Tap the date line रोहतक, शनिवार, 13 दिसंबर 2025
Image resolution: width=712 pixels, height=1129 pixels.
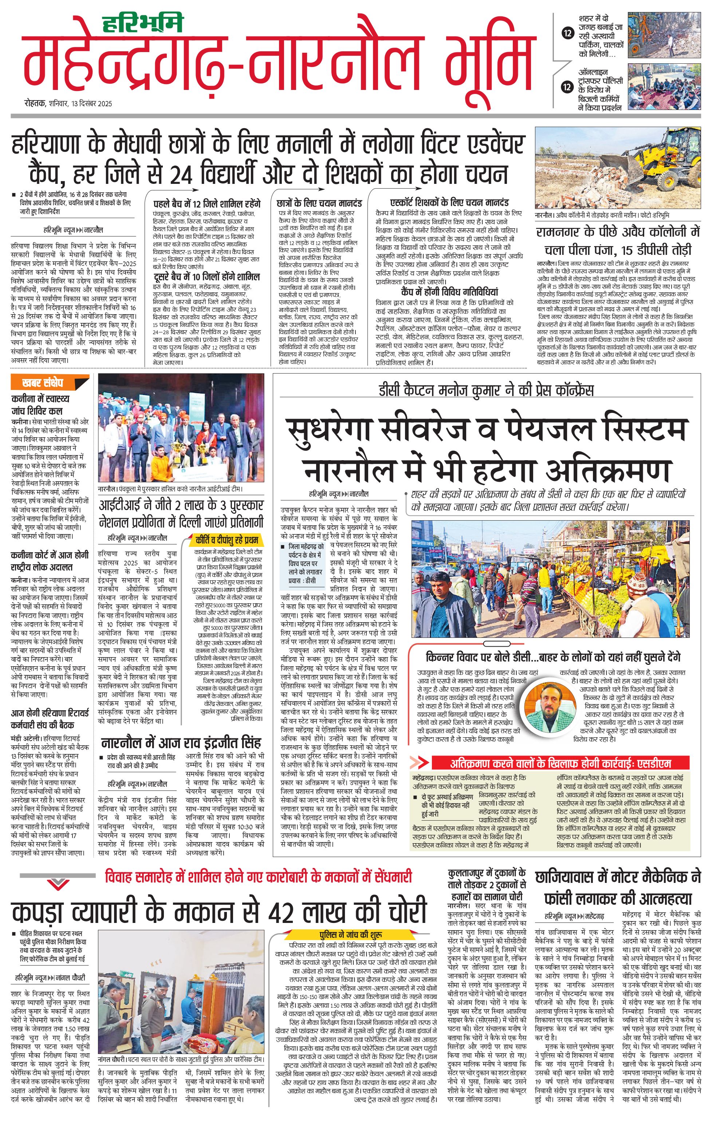coord(68,104)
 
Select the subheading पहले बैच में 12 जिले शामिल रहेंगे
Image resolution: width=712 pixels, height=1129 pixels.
coord(207,204)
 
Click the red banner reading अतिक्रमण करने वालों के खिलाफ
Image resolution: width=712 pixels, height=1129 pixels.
coord(560,763)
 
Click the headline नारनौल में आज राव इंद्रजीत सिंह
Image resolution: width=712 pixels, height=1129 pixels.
coord(181,743)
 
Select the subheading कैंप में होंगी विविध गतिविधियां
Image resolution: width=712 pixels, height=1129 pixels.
coord(437,292)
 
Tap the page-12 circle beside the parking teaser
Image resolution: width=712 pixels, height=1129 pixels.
coord(567,33)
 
